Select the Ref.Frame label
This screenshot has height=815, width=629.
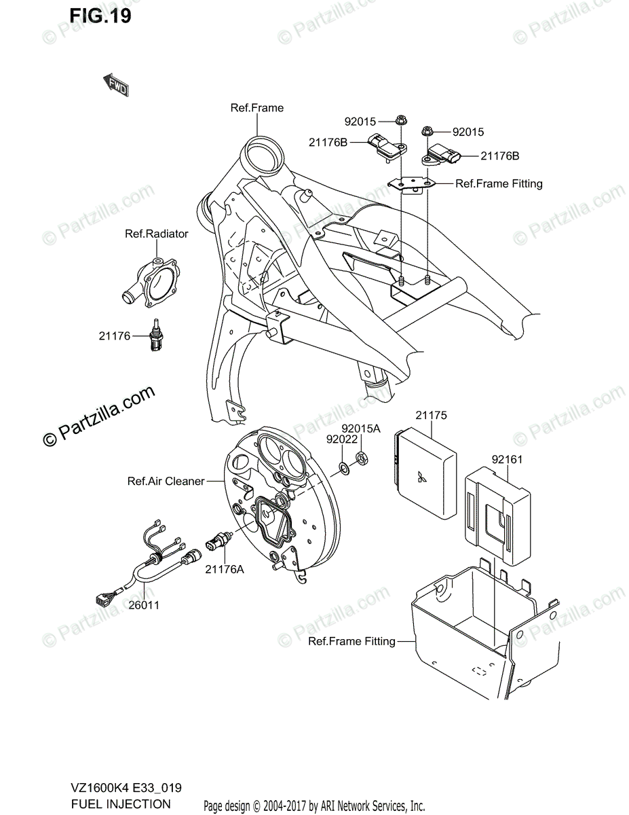point(256,107)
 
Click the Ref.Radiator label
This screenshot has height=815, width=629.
point(156,234)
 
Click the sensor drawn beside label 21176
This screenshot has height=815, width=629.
point(156,336)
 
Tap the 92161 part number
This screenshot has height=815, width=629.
point(507,459)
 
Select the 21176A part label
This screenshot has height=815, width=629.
point(224,569)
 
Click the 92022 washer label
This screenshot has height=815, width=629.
point(341,439)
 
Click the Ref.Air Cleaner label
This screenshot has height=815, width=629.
point(166,481)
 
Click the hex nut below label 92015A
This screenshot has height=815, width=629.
point(362,459)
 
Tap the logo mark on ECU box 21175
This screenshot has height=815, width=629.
point(422,477)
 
